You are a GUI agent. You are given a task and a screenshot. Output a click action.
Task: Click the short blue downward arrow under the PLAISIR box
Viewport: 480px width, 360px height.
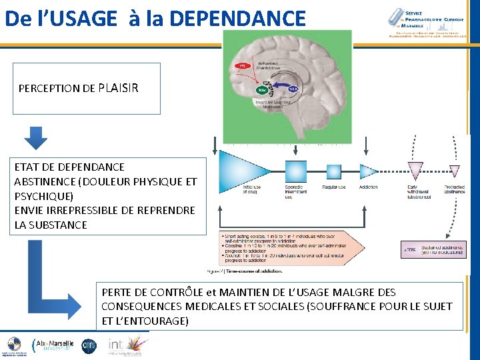coord(36,136)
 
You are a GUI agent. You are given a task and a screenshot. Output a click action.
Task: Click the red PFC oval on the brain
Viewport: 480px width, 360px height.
coord(241,66)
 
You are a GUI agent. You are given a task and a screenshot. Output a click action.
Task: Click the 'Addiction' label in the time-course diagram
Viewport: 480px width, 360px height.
coord(368,187)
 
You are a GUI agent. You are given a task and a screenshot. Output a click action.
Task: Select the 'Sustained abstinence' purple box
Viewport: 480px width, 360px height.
coord(433,250)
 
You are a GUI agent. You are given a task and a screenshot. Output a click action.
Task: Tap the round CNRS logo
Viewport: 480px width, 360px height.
coord(89,345)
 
